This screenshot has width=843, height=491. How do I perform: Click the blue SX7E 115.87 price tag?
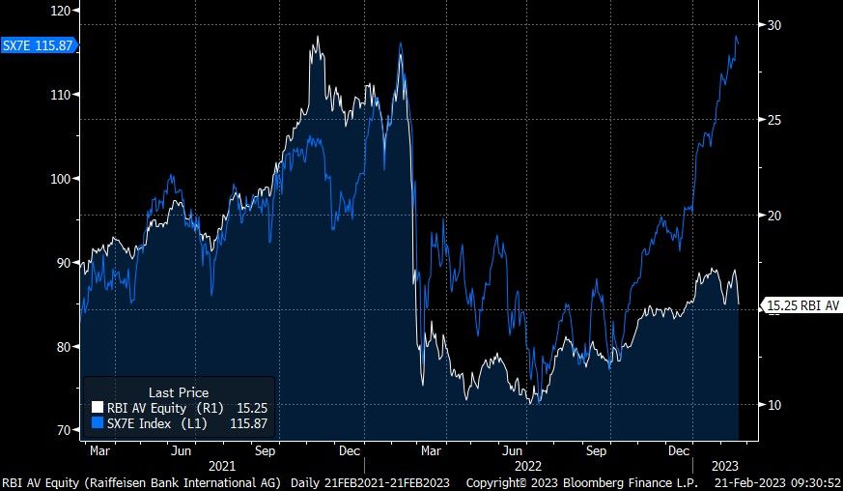[37, 45]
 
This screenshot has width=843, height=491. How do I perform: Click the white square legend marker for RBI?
[97, 407]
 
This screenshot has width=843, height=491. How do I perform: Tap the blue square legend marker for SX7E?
[97, 423]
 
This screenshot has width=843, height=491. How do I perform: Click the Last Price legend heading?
[179, 392]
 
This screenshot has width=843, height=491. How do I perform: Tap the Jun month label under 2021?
[180, 450]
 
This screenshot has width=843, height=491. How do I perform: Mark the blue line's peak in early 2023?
[737, 36]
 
